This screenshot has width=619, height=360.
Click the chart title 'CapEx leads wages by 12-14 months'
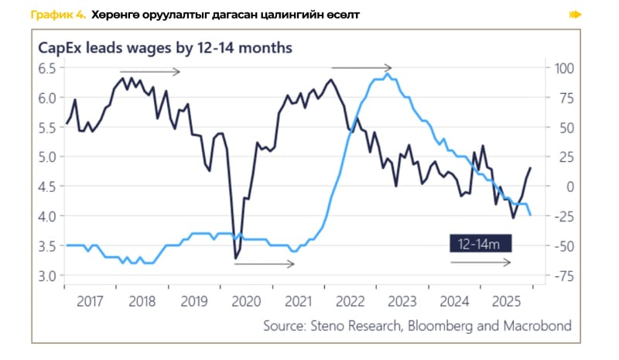click(x=165, y=47)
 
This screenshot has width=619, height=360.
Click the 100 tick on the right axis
click(x=562, y=68)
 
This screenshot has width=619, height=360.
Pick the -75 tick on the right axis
click(x=562, y=276)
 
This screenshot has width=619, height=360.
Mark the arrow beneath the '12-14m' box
click(x=480, y=263)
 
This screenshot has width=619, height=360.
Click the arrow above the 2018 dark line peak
click(x=149, y=72)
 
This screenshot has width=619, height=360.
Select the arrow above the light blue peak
click(x=361, y=68)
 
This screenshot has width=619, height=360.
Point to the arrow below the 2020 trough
click(x=264, y=264)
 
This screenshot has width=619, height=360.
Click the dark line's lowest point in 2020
click(x=235, y=259)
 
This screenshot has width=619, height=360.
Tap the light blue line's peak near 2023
click(x=387, y=74)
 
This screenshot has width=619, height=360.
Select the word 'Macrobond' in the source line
click(x=538, y=326)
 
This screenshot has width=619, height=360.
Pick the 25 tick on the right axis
click(x=564, y=157)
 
